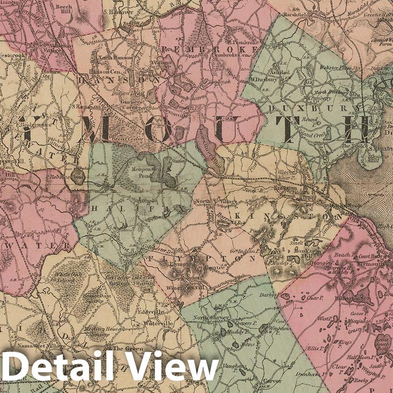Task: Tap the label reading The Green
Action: point(124,349)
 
